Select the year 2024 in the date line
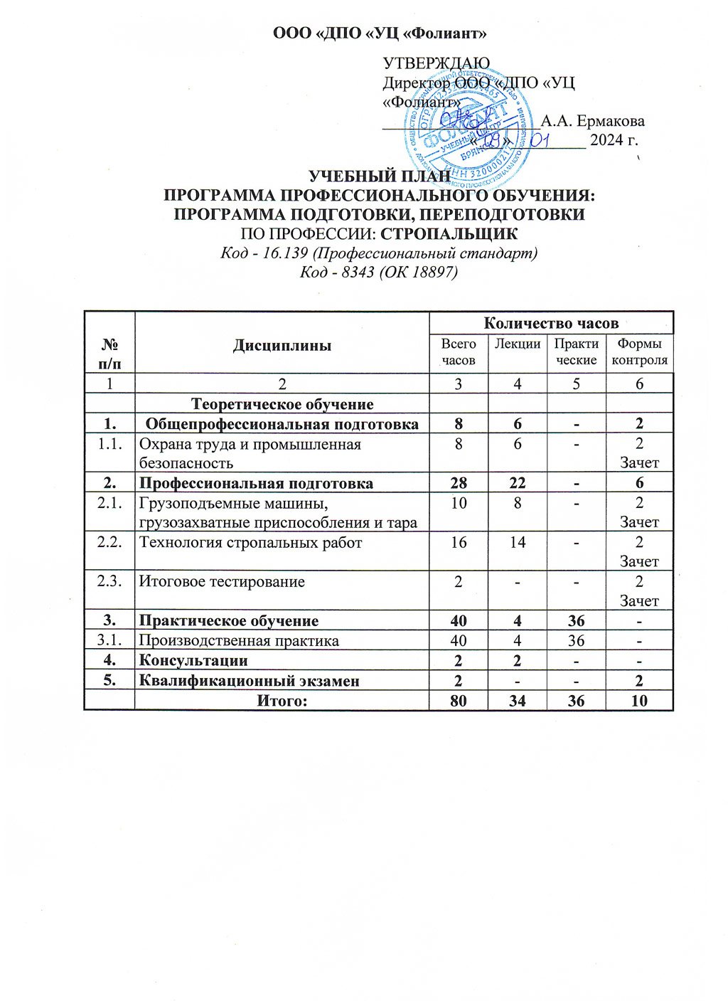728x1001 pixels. pyautogui.click(x=605, y=140)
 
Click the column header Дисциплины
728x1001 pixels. pyautogui.click(x=282, y=346)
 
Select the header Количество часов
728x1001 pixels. pyautogui.click(x=551, y=323)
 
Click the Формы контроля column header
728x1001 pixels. pyautogui.click(x=640, y=351)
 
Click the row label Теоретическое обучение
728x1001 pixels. pyautogui.click(x=282, y=404)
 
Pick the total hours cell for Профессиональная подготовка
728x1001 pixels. pyautogui.click(x=458, y=483)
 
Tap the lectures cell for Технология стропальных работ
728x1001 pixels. pyautogui.click(x=517, y=542)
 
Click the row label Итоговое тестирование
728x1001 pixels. pyautogui.click(x=222, y=581)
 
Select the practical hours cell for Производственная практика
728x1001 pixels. pyautogui.click(x=576, y=640)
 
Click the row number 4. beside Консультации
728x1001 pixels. pyautogui.click(x=109, y=660)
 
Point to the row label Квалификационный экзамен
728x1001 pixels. pyautogui.click(x=249, y=681)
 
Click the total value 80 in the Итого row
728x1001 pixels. pyautogui.click(x=458, y=701)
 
